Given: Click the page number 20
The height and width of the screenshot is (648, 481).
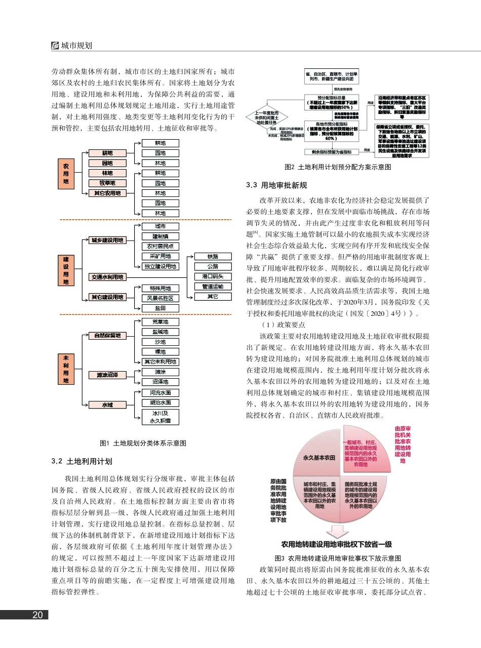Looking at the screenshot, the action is click(x=37, y=615).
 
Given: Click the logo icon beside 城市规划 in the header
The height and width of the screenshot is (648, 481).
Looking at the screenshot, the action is click(x=55, y=45).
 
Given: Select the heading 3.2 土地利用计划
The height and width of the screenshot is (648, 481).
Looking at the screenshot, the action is click(x=82, y=462).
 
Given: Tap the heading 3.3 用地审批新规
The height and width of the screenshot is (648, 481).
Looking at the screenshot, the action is click(x=276, y=185).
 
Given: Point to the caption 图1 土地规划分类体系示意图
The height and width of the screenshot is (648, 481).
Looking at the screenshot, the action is click(x=143, y=443).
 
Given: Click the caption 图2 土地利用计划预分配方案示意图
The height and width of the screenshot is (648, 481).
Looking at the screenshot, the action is click(x=338, y=167).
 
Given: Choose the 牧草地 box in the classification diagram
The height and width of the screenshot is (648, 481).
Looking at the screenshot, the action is click(x=107, y=183).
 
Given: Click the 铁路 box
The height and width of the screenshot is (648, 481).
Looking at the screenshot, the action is click(x=213, y=257).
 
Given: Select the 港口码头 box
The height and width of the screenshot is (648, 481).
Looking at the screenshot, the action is click(x=213, y=276).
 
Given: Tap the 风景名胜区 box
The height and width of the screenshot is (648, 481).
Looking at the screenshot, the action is click(x=160, y=298).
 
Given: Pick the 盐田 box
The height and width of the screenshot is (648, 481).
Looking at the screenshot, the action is click(x=160, y=308).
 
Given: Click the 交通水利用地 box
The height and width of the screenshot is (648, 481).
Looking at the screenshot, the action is click(x=107, y=277).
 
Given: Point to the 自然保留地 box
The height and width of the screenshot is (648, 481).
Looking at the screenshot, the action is click(x=107, y=335).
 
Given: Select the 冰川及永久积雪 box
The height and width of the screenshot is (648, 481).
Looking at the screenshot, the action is click(x=160, y=417).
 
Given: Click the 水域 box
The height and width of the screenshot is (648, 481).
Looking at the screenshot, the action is click(x=107, y=404).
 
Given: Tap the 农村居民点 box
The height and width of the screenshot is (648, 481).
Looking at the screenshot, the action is click(x=160, y=246).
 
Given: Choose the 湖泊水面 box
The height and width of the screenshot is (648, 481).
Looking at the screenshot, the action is click(x=160, y=403).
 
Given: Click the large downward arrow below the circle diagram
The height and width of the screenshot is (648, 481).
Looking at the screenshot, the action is click(x=337, y=532).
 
